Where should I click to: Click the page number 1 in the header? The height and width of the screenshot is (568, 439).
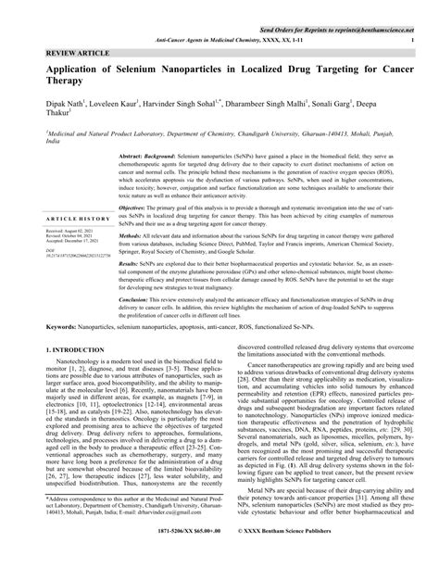coord(410,41)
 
